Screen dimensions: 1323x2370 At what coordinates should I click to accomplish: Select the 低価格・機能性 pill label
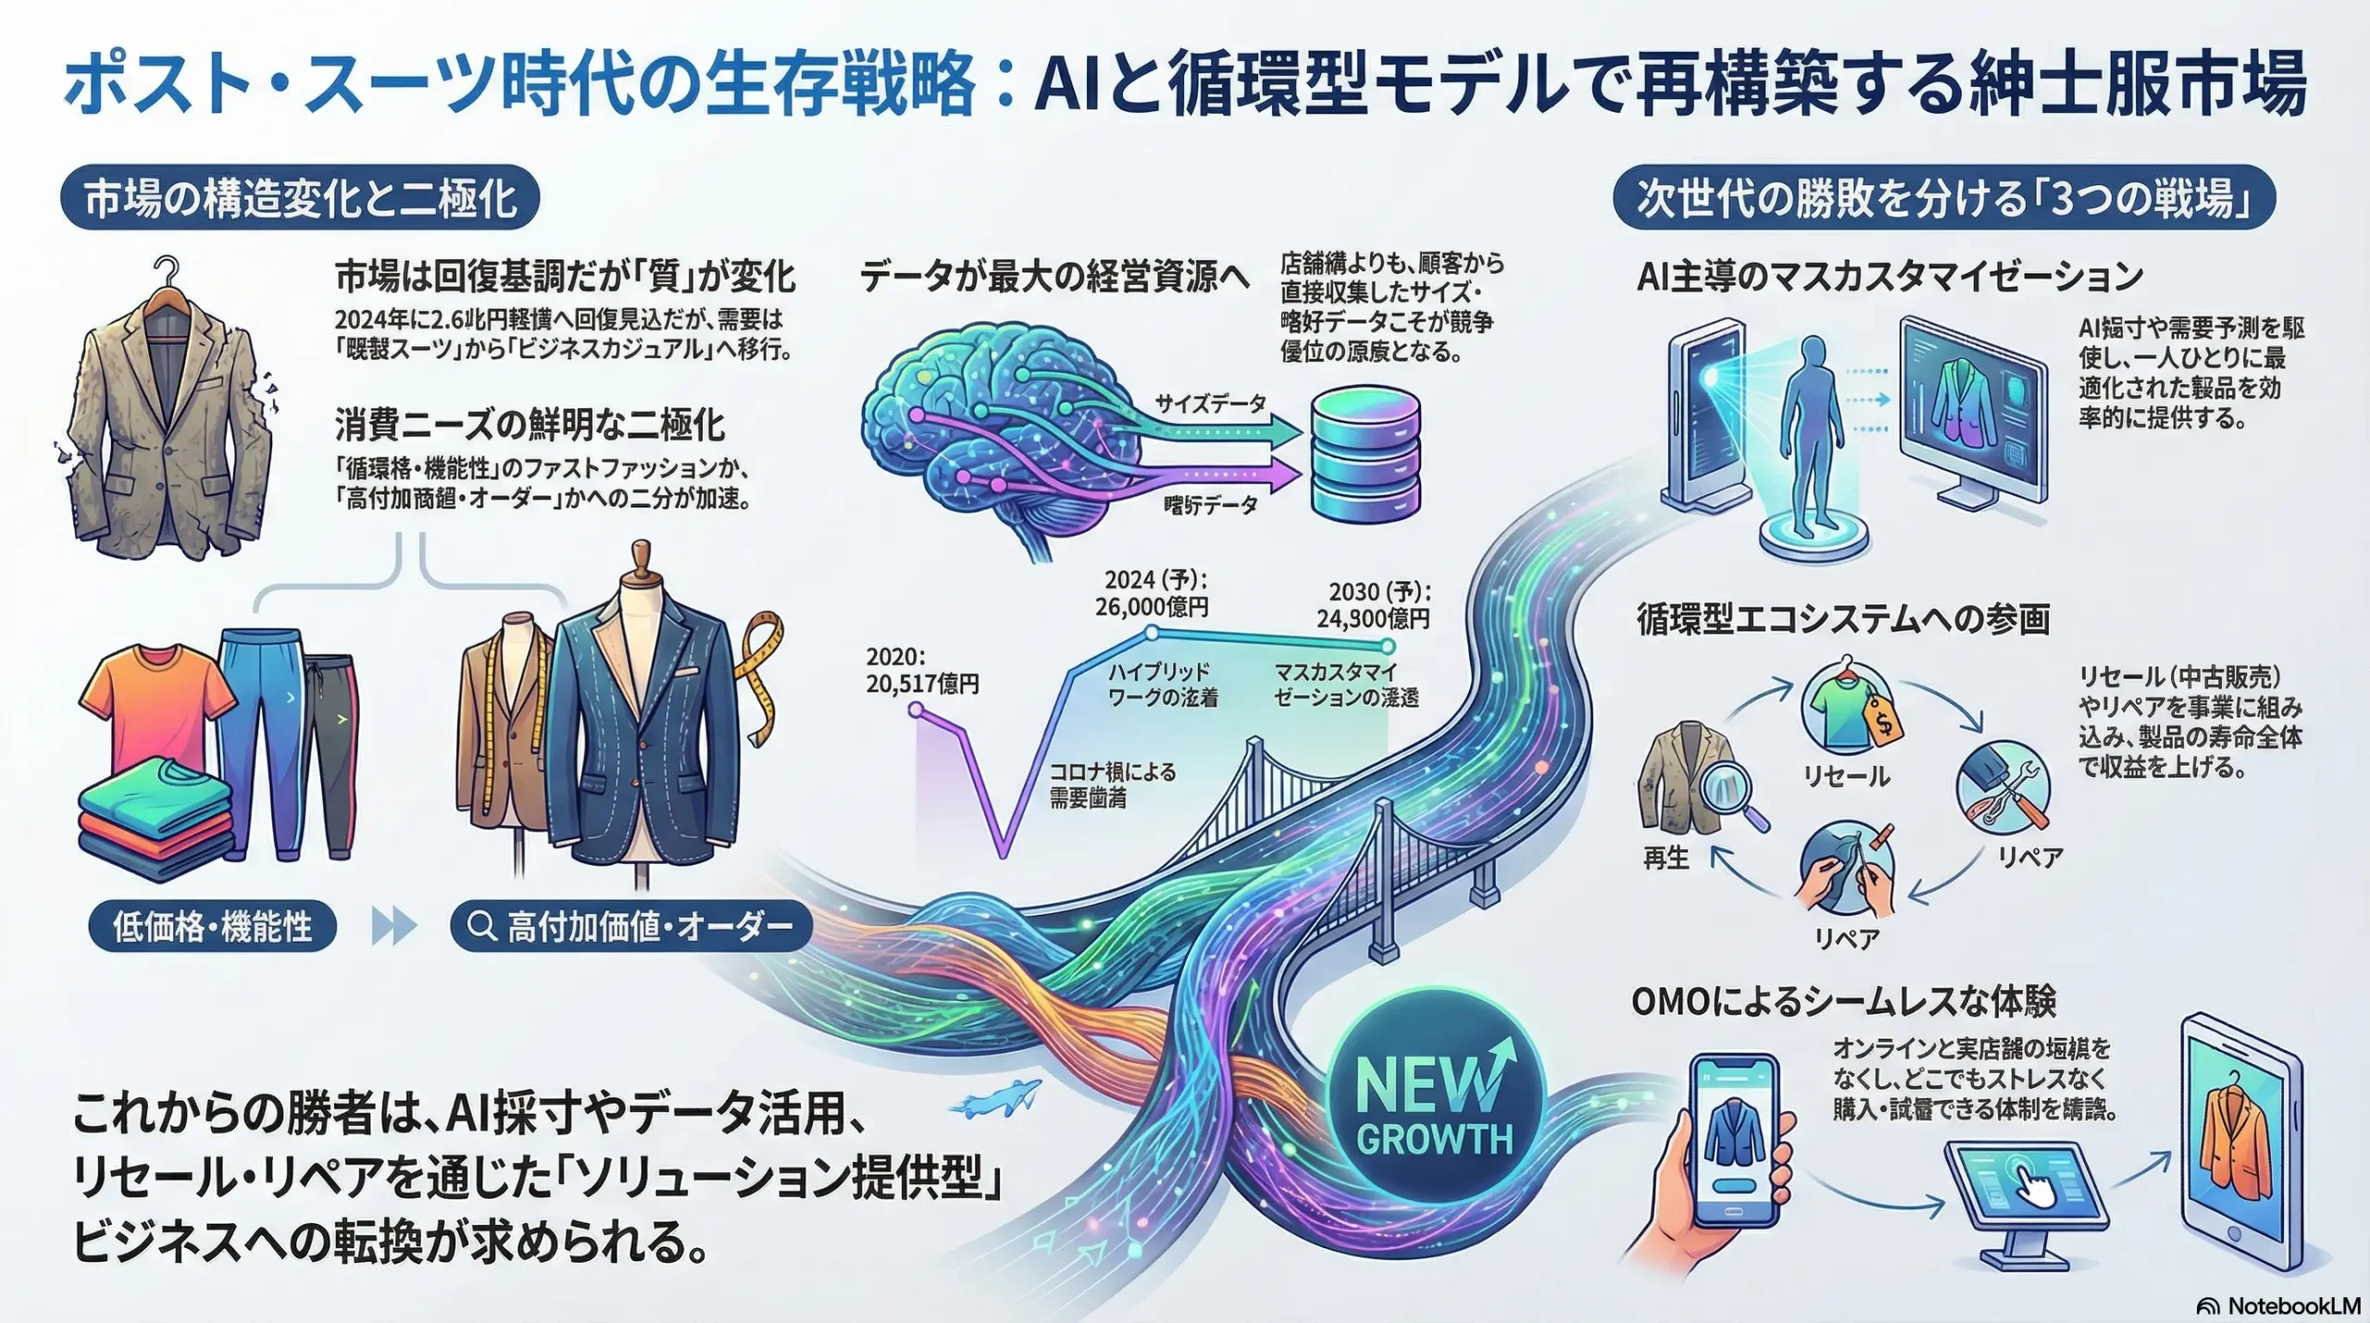pos(212,927)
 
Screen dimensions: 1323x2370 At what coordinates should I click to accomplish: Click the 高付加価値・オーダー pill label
pos(631,927)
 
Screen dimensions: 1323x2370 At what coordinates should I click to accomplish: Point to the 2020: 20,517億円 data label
pos(922,670)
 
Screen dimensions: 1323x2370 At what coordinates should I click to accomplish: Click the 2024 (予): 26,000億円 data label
pos(1152,593)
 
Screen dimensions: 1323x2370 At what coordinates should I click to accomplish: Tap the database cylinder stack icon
pos(1366,455)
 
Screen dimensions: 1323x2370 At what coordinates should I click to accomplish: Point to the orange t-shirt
pos(157,713)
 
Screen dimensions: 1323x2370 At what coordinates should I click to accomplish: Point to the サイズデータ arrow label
pos(1210,404)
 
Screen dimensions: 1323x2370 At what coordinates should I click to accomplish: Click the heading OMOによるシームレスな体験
pos(1843,1002)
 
